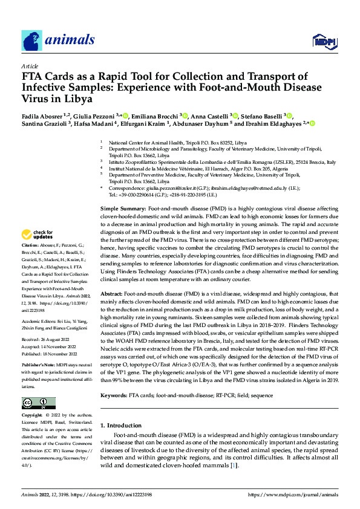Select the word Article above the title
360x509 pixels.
click(x=30, y=66)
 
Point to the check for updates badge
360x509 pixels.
click(x=36, y=235)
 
